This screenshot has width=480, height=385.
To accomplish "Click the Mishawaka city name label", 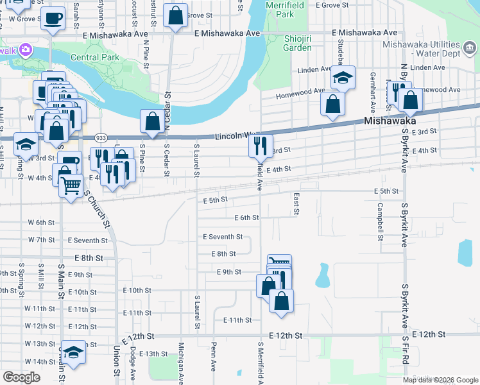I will click(390, 121).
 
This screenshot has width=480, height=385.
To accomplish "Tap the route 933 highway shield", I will click(101, 137).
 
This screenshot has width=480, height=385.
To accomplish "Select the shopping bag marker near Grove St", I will click(175, 15).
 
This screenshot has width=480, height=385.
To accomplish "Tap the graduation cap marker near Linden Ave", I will click(343, 78).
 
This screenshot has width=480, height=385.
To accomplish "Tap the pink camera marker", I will click(26, 49).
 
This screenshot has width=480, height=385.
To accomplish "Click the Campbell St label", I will click(381, 221).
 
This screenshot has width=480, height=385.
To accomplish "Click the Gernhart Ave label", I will click(373, 83).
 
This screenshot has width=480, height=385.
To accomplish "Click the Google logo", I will click(21, 377).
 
